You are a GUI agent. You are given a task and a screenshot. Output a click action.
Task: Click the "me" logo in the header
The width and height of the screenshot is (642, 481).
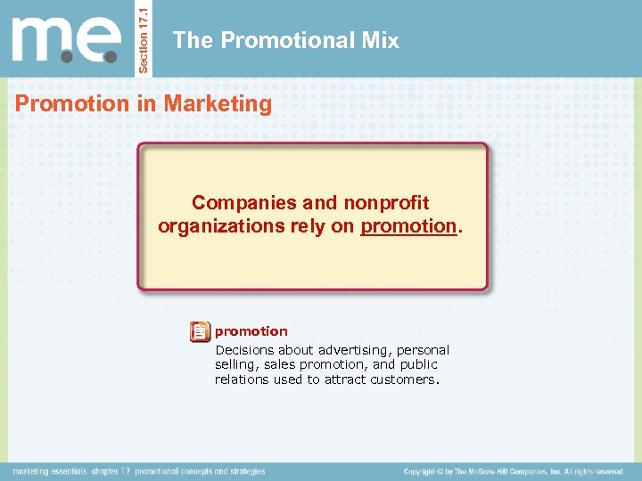pos(67,39)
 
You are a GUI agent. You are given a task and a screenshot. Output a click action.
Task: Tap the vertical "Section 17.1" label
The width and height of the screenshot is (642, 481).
pos(148,37)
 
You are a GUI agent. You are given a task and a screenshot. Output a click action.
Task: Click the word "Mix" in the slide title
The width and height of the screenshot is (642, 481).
pos(380,40)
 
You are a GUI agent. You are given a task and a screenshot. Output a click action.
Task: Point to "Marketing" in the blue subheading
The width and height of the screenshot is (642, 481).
pos(218,103)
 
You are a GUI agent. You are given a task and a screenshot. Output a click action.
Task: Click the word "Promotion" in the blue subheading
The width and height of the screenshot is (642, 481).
pos(72,103)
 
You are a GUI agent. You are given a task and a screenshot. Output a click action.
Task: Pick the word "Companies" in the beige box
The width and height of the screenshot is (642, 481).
pos(236,203)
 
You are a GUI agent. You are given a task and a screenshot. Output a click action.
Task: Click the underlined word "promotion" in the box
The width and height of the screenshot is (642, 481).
pos(408,226)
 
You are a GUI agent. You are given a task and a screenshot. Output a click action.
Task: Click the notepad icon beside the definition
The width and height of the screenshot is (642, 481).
pos(200,332)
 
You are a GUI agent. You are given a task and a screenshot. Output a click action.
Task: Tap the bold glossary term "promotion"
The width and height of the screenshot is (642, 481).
pos(251,331)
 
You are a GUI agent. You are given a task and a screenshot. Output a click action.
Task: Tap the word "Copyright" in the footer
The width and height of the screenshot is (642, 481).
pos(425,471)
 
